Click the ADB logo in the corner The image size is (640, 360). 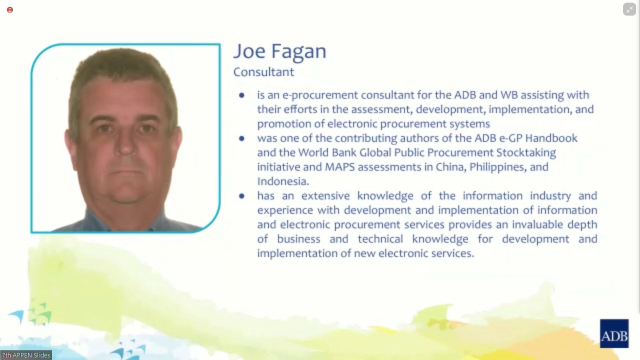(614, 333)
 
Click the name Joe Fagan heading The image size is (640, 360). (279, 51)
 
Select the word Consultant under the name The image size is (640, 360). (263, 72)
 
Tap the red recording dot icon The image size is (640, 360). (10, 10)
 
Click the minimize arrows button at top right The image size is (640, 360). (629, 9)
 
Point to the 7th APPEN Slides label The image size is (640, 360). (26, 355)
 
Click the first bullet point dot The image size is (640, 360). (241, 95)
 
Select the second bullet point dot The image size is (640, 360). (241, 138)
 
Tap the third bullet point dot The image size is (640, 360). (241, 196)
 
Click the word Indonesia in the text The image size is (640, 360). (283, 181)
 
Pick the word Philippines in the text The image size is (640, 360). (497, 167)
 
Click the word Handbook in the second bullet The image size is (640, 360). (551, 138)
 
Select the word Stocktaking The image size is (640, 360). (526, 153)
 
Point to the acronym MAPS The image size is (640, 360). (339, 167)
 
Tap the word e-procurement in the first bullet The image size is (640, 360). (320, 95)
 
